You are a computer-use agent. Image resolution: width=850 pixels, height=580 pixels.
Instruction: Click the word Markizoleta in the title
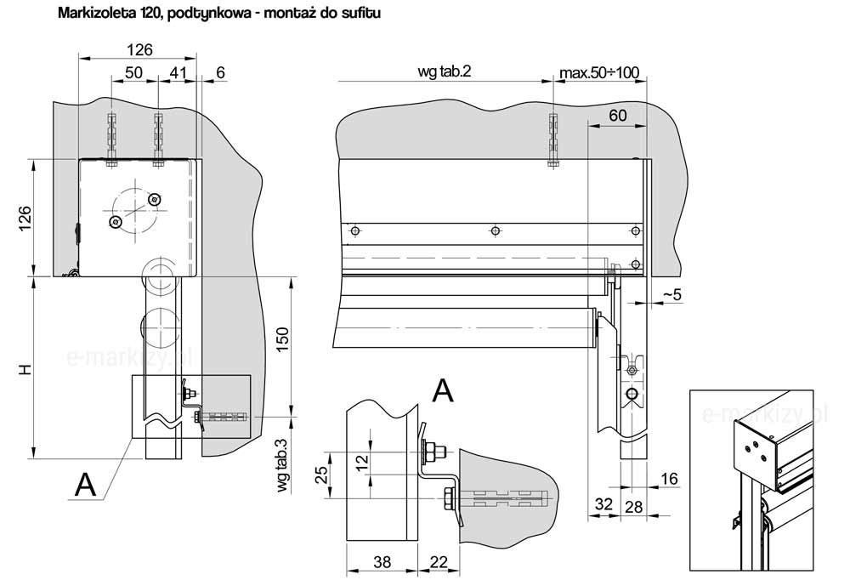point(92,13)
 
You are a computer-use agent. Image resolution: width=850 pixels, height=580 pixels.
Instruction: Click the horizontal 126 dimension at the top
point(140,50)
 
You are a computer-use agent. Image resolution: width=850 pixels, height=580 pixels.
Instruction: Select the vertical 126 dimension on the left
point(25,218)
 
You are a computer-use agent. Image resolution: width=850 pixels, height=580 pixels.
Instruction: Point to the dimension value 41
point(178,72)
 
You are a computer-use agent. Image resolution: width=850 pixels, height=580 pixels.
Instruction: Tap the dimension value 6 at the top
point(219,72)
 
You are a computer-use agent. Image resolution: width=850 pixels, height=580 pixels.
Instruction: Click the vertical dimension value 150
point(283,339)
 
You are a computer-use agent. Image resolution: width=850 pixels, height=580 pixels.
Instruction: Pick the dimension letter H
point(25,370)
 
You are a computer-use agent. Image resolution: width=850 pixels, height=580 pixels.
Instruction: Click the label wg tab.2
point(444,71)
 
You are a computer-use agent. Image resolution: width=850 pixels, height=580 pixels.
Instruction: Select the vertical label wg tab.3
point(282,465)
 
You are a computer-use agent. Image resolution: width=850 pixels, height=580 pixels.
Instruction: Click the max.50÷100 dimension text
point(599,72)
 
